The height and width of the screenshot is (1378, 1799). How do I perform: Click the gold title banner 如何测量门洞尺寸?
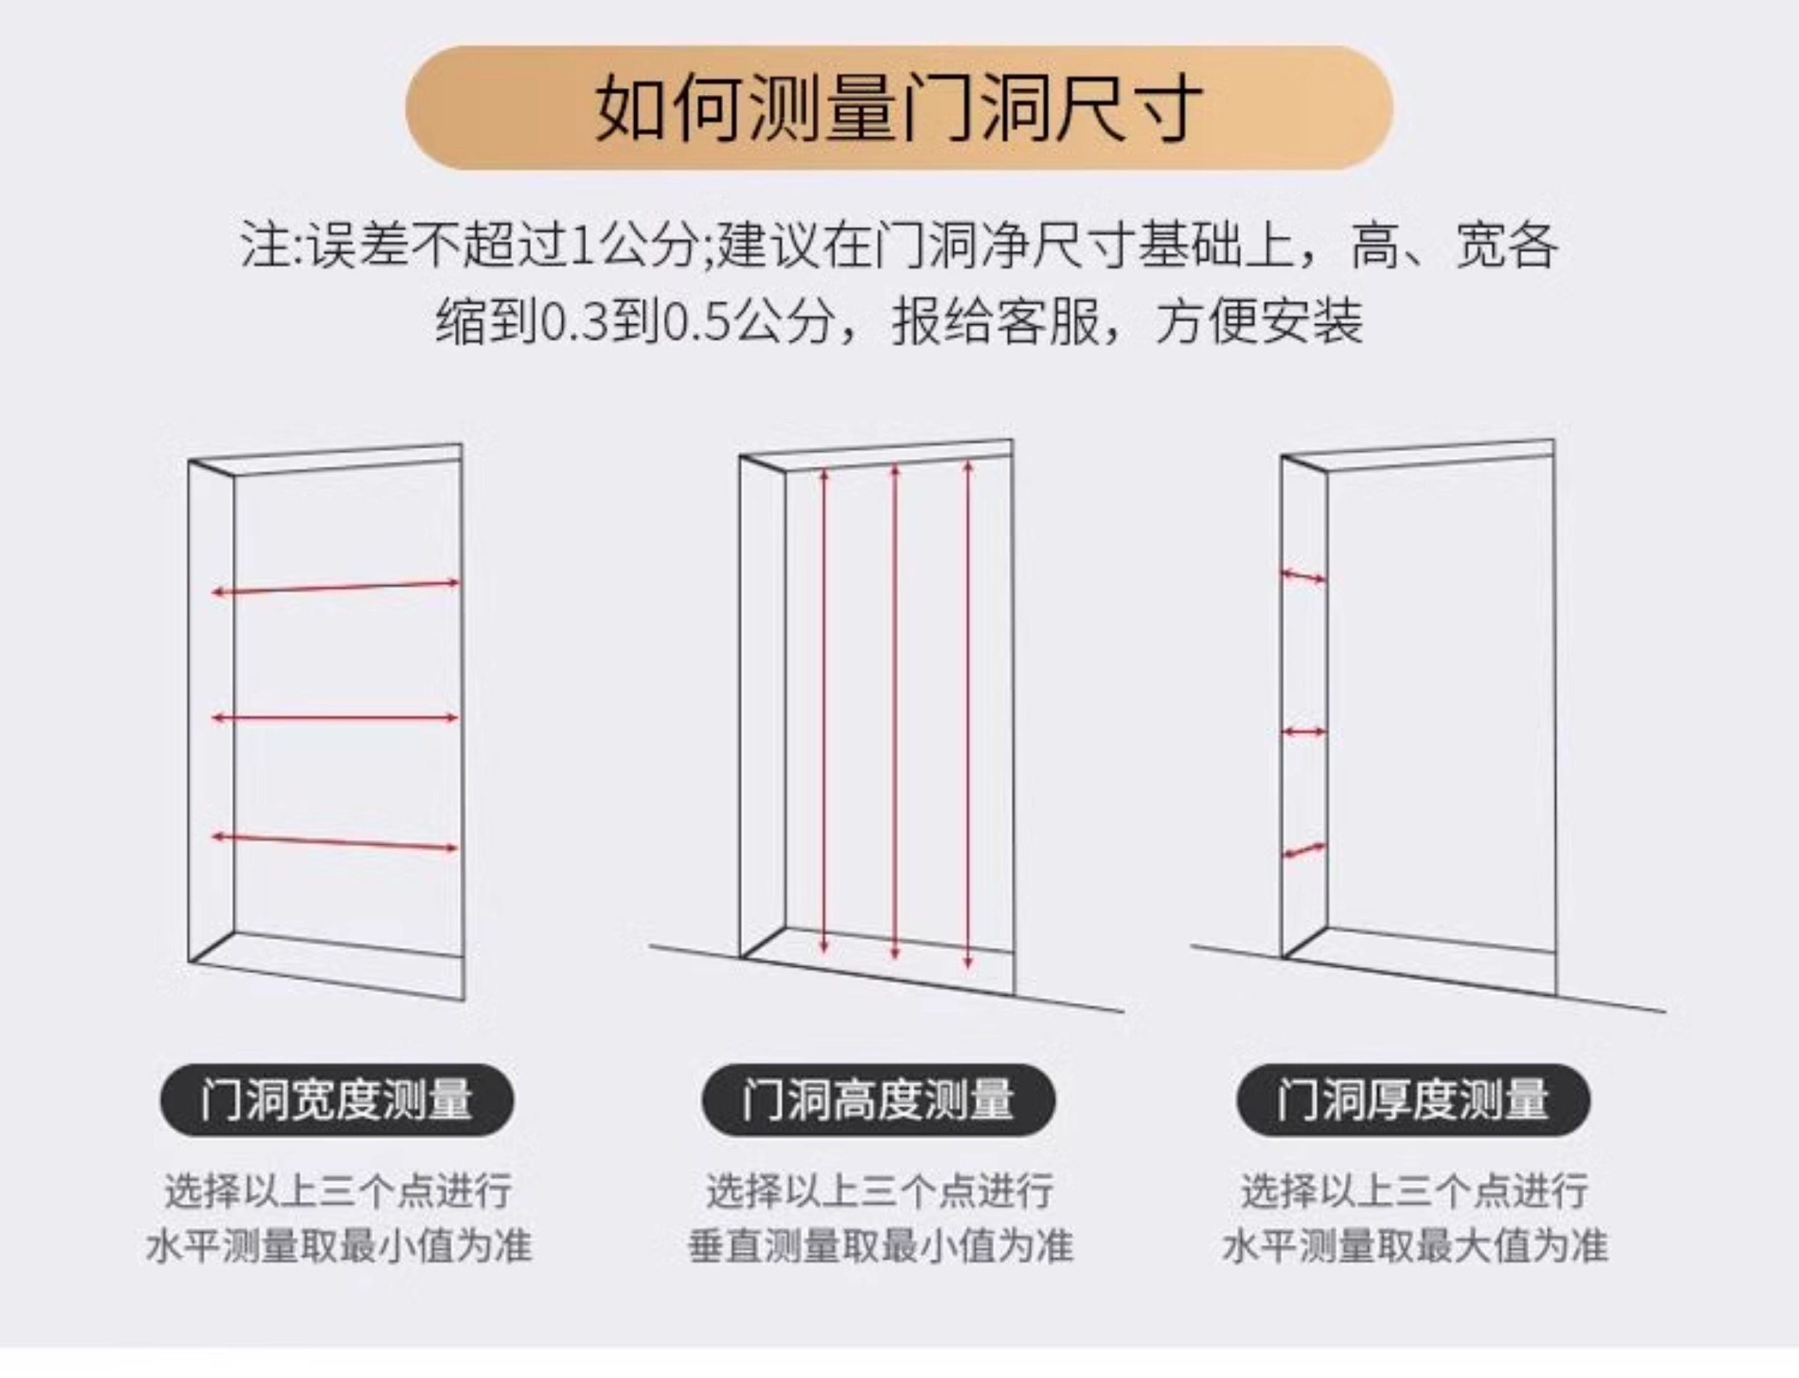pyautogui.click(x=899, y=107)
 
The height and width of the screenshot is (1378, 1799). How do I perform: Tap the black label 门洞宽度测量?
pyautogui.click(x=337, y=1100)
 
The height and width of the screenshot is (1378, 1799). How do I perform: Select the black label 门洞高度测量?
pyautogui.click(x=878, y=1100)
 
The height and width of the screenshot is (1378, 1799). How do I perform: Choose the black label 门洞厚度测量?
pyautogui.click(x=1412, y=1100)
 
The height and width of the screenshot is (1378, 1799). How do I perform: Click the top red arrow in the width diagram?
pyautogui.click(x=336, y=588)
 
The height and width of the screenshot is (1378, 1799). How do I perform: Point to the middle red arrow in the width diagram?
pyautogui.click(x=336, y=719)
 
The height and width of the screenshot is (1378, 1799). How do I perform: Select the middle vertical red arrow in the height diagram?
pyautogui.click(x=895, y=711)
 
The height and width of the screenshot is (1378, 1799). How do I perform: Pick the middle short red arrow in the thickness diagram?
pyautogui.click(x=1304, y=732)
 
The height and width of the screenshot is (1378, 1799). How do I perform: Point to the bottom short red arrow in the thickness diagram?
pyautogui.click(x=1304, y=851)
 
